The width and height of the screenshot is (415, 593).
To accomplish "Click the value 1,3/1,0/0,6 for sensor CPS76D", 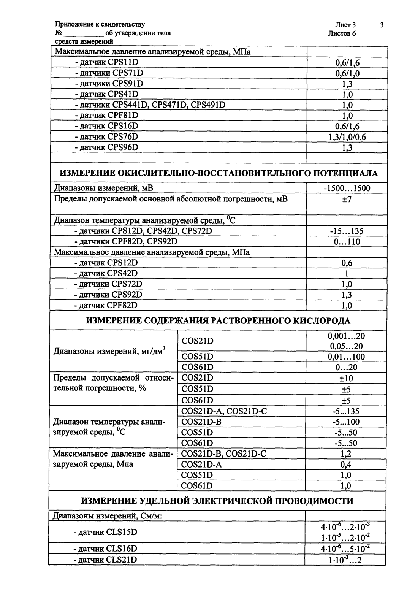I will (347, 137).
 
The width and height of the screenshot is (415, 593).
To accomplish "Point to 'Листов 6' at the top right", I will (342, 33).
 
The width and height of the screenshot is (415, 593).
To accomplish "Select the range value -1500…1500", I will (346, 188).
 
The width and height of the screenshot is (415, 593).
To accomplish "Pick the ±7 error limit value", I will (346, 199).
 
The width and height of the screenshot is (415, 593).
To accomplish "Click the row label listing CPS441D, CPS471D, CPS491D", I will (150, 105).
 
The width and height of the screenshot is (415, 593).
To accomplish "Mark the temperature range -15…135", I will (346, 231).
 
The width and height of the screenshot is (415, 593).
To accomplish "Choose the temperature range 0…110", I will (346, 242).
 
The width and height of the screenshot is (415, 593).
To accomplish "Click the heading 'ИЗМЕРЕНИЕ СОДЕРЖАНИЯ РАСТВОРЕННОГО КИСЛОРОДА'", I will (218, 321).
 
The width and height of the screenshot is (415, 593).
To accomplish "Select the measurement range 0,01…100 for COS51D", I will (346, 357).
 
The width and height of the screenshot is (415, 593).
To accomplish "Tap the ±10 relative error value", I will (346, 378).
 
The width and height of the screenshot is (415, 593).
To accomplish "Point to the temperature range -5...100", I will (346, 422).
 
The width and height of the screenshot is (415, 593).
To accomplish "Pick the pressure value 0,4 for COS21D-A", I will (346, 464).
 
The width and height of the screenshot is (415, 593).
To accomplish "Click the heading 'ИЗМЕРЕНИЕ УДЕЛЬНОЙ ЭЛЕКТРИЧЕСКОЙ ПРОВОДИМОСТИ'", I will (217, 501).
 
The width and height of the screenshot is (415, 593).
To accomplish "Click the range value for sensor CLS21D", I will (345, 560).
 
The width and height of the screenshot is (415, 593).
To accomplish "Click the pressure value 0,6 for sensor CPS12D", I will (346, 263).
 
